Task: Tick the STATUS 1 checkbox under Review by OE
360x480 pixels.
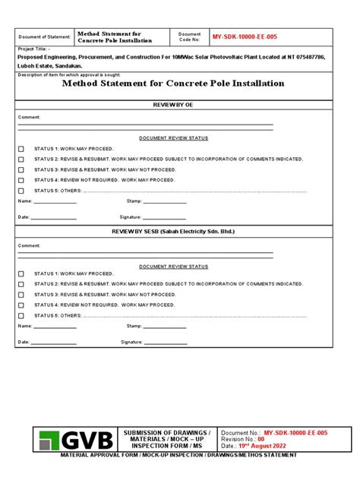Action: (21, 149)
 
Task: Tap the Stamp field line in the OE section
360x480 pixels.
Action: (166, 203)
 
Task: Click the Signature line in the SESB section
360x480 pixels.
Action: (166, 343)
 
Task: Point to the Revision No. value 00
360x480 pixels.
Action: (261, 439)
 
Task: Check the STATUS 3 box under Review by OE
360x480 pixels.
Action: (21, 169)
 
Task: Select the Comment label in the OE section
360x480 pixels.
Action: (30, 118)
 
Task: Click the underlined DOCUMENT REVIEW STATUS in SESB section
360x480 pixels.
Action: (173, 267)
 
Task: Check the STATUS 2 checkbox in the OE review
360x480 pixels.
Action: (21, 159)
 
